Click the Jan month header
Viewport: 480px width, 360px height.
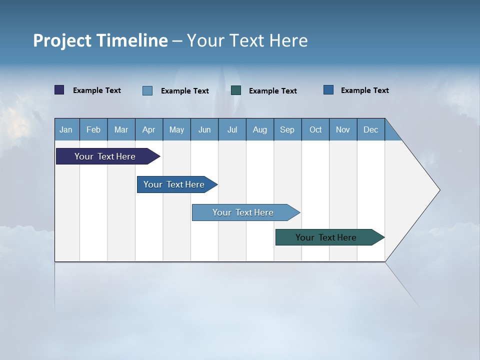[x=66, y=129]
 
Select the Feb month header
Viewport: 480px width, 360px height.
[x=93, y=129]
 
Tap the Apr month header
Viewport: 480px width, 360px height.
[x=149, y=129]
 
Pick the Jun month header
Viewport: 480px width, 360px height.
[x=204, y=129]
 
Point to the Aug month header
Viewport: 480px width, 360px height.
[x=260, y=129]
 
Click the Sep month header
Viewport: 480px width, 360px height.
[x=287, y=129]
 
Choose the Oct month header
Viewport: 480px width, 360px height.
[x=315, y=129]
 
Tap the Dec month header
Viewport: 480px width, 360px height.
[x=371, y=129]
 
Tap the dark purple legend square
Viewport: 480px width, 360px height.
[x=59, y=90]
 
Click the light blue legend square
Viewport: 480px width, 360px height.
[x=147, y=90]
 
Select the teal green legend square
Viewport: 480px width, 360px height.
[x=236, y=90]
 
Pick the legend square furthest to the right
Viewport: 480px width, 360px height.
[x=328, y=90]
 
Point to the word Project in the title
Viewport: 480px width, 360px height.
[x=62, y=40]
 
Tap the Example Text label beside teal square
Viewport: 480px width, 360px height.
[x=272, y=91]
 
